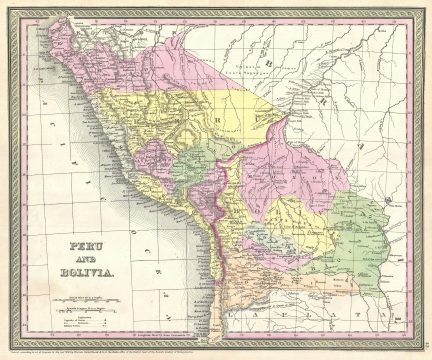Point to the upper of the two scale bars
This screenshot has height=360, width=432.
pyautogui.click(x=91, y=301)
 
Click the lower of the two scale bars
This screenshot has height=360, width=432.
pyautogui.click(x=91, y=312)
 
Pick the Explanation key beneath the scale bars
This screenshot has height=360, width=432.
pyautogui.click(x=91, y=326)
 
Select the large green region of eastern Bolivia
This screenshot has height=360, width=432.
pyautogui.click(x=360, y=230)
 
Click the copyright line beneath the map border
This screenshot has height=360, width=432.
pyautogui.click(x=215, y=351)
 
